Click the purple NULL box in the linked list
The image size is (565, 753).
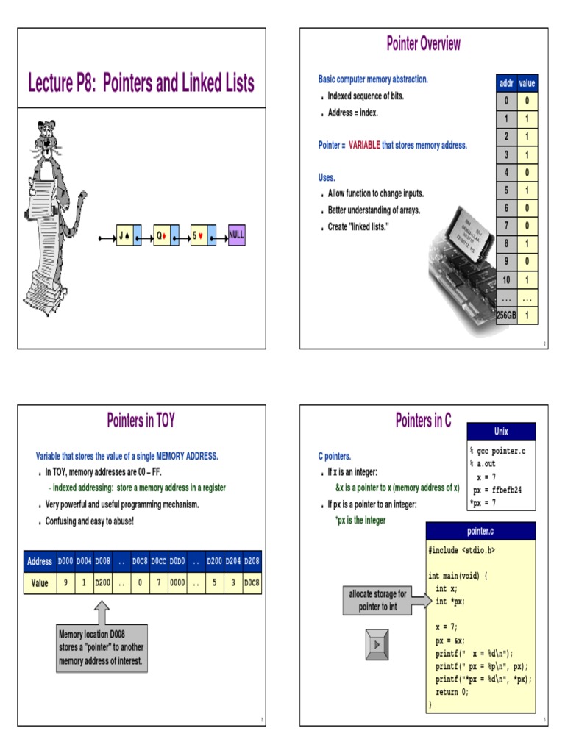[236, 236]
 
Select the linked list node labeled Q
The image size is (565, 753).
[166, 236]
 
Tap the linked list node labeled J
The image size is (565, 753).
[129, 236]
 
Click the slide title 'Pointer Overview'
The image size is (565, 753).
[423, 43]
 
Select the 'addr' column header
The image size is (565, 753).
[505, 84]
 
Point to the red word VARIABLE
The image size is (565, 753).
[364, 146]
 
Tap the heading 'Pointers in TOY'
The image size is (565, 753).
[141, 421]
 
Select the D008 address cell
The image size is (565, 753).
[103, 561]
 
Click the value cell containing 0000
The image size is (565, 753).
[177, 582]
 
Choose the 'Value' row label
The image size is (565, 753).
[40, 582]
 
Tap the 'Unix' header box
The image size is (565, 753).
[502, 432]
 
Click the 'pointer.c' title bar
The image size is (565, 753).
[481, 530]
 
